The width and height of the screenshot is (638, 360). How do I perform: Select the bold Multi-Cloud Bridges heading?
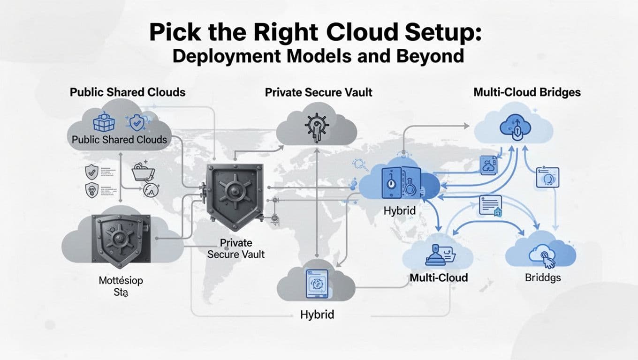[527, 92]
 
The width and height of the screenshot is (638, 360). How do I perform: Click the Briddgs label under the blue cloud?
[543, 277]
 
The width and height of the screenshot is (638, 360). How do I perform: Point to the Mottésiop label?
[121, 281]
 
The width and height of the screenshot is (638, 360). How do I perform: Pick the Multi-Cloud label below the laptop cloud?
[439, 277]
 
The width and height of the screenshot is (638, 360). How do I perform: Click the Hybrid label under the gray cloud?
[317, 314]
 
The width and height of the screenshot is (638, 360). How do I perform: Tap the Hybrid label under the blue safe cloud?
[399, 211]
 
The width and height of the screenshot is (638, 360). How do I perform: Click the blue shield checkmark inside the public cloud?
[137, 123]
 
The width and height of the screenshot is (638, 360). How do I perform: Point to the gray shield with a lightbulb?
[91, 190]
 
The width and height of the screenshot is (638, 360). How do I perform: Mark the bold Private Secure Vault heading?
[319, 92]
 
